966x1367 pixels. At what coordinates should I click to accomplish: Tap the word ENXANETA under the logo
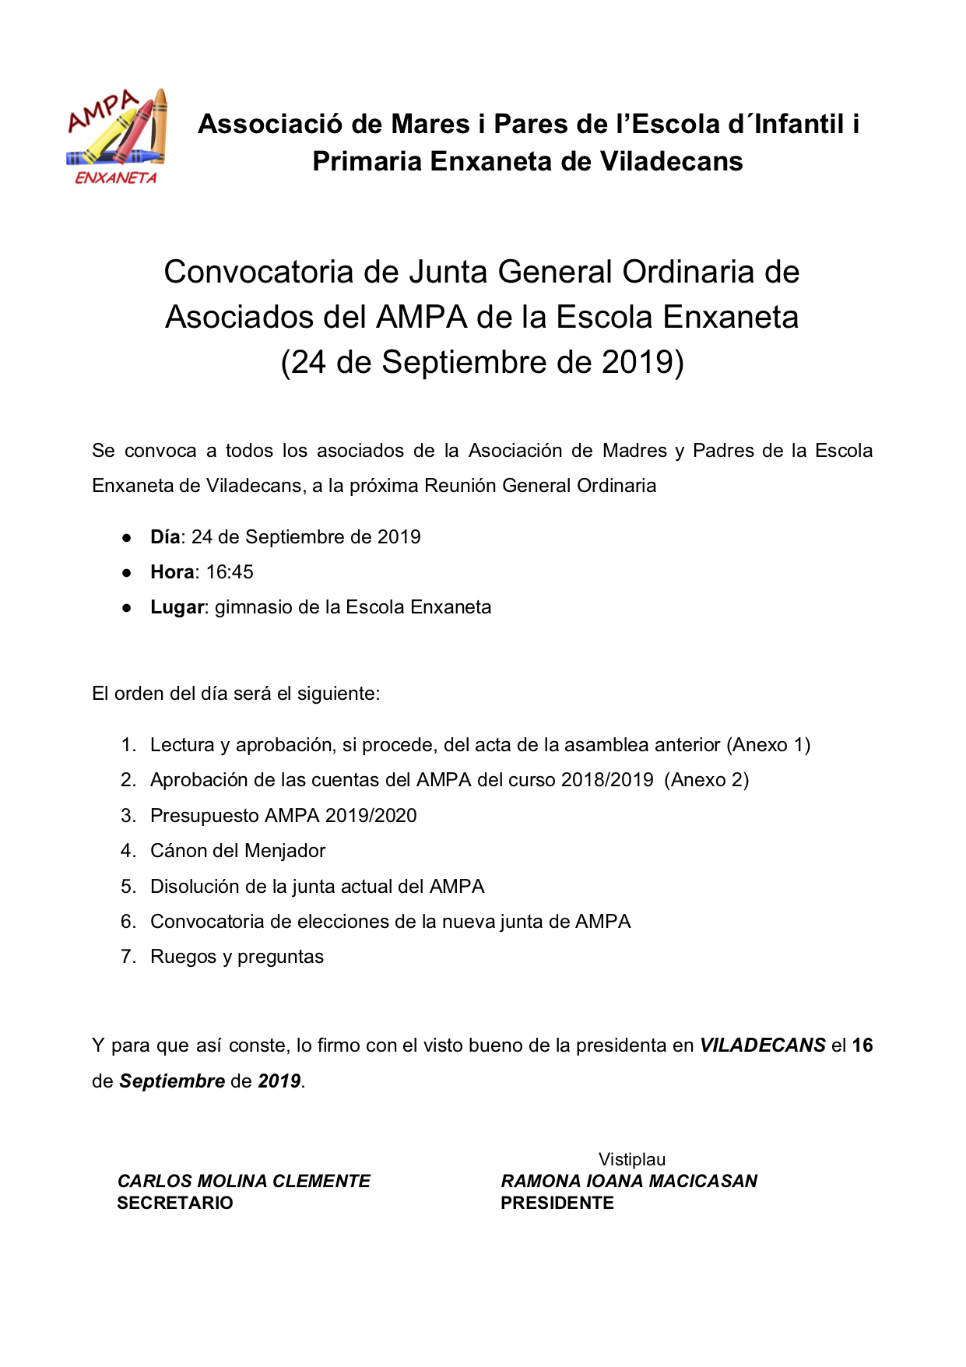[116, 178]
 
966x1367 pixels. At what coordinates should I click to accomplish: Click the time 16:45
[230, 572]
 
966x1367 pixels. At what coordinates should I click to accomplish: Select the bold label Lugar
[177, 607]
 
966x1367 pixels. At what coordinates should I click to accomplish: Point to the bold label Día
[164, 537]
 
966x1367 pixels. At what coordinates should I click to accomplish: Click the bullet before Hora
[126, 573]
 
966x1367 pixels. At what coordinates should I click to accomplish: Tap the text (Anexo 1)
[768, 745]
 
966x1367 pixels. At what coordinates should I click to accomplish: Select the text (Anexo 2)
[707, 780]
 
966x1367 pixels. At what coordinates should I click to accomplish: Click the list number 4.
[128, 851]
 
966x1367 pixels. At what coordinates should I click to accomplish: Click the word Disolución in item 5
[194, 887]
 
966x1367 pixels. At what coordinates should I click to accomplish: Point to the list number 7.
[128, 957]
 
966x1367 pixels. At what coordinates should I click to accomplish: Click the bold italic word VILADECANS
[762, 1045]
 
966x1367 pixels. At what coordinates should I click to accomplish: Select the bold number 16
[862, 1045]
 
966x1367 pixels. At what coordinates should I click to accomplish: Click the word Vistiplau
[632, 1160]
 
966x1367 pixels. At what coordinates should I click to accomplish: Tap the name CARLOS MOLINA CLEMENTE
[244, 1181]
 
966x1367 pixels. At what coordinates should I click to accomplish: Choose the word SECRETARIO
[175, 1203]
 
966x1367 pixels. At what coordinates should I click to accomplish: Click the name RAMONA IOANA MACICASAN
[629, 1181]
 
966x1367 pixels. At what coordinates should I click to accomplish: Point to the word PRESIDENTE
[557, 1203]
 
